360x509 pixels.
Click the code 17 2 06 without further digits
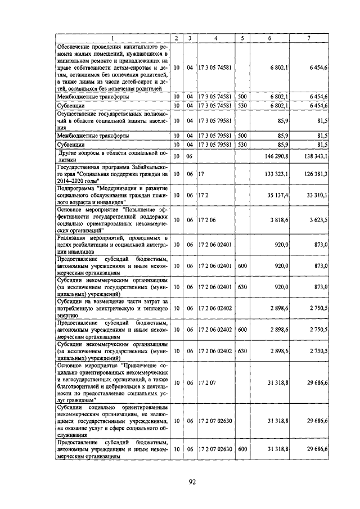click(206, 220)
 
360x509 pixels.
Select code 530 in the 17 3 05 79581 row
click(242, 145)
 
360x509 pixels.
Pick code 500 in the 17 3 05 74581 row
click(242, 97)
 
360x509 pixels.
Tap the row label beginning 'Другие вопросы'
click(112, 156)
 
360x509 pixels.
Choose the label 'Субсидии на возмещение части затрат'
click(112, 308)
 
